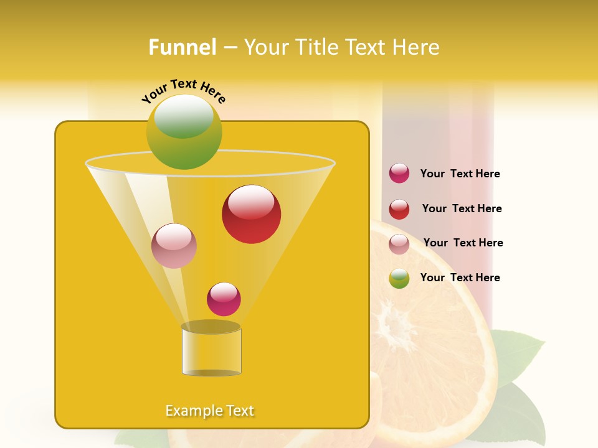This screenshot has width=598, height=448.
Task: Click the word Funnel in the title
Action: pos(183,47)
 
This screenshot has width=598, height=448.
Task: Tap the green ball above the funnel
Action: pos(184,132)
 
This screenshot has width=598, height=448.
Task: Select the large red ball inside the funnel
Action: pos(251,214)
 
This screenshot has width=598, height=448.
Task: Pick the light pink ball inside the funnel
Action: pos(174,246)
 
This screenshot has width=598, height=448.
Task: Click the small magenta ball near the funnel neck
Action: pos(224,299)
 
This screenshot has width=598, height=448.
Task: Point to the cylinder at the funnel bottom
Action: pos(211,351)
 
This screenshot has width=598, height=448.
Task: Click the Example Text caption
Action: pos(210,411)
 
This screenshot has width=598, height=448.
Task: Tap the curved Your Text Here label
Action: pos(183,91)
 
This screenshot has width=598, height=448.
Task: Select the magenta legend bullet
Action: pos(399,174)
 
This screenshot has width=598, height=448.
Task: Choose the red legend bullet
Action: pos(399,209)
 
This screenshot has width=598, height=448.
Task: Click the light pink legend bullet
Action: pos(399,244)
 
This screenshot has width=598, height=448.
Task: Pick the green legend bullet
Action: pos(399,278)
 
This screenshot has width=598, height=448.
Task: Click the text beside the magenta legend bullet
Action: pos(460,174)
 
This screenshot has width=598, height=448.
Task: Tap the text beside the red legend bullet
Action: pos(462,209)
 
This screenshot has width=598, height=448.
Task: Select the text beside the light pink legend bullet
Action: pos(463,243)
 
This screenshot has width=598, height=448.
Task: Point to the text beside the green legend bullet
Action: pos(460,278)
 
